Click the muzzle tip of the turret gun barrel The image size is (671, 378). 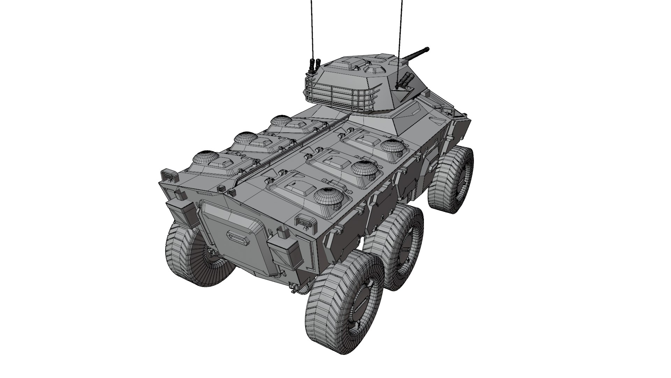tap(427, 49)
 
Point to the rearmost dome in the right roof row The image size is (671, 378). tap(329, 198)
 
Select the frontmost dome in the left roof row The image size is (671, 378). tap(282, 121)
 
